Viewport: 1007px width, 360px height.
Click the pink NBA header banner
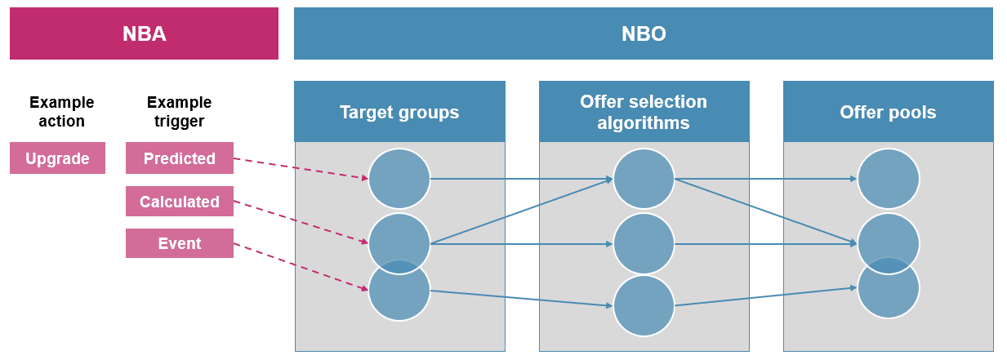pyautogui.click(x=144, y=33)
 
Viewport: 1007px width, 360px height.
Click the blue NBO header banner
pyautogui.click(x=643, y=33)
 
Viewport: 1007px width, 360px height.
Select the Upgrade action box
pyautogui.click(x=57, y=158)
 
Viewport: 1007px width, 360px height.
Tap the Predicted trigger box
pyautogui.click(x=180, y=158)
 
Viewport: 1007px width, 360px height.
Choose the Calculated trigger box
pyautogui.click(x=180, y=202)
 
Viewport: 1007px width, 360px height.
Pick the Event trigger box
pyautogui.click(x=180, y=243)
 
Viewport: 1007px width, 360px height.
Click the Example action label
pyautogui.click(x=61, y=112)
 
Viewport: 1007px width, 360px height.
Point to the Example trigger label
pyautogui.click(x=179, y=112)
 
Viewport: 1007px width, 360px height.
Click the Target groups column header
pyautogui.click(x=399, y=112)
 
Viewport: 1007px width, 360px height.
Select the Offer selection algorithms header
pyautogui.click(x=644, y=112)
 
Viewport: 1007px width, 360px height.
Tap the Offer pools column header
pyautogui.click(x=888, y=112)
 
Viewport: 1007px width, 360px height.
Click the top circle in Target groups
pyautogui.click(x=399, y=178)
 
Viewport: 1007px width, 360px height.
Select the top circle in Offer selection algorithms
pyautogui.click(x=644, y=178)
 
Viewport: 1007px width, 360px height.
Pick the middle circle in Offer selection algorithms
pyautogui.click(x=644, y=243)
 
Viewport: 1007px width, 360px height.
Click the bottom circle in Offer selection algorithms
pyautogui.click(x=644, y=305)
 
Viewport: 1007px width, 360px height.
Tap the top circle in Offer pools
pyautogui.click(x=888, y=178)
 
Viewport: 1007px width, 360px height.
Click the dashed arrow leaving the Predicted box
pyautogui.click(x=301, y=168)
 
